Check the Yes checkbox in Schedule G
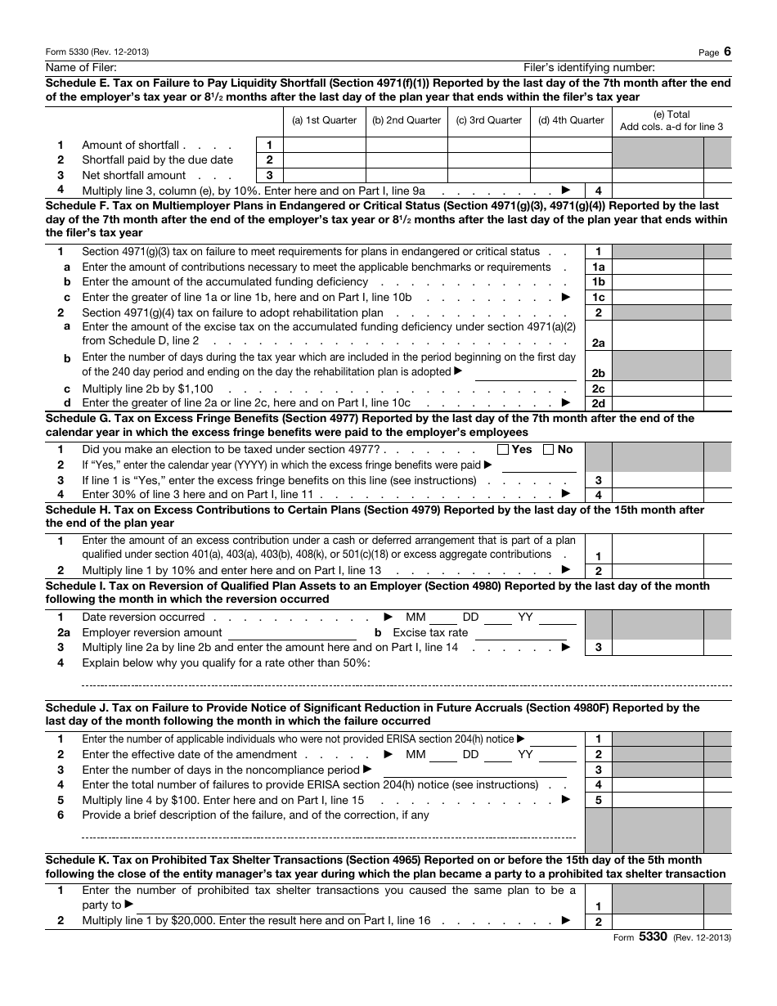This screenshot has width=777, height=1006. tap(504, 449)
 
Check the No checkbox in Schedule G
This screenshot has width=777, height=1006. tap(549, 449)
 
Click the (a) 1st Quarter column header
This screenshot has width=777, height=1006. tap(324, 120)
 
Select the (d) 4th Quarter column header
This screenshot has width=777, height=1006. tap(571, 120)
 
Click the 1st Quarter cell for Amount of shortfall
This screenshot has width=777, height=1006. tap(324, 145)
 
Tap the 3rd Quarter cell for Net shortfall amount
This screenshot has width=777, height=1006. tap(489, 175)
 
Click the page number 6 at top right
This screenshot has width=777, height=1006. tap(727, 52)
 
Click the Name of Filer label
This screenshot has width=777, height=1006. tap(81, 67)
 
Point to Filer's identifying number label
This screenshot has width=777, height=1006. tap(589, 67)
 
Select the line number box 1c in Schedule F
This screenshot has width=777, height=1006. tap(599, 298)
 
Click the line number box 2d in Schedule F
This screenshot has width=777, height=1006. tap(599, 403)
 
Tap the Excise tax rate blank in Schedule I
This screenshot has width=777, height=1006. tap(525, 632)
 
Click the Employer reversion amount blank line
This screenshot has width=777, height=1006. tap(292, 632)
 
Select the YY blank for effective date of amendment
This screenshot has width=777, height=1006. tap(557, 754)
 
